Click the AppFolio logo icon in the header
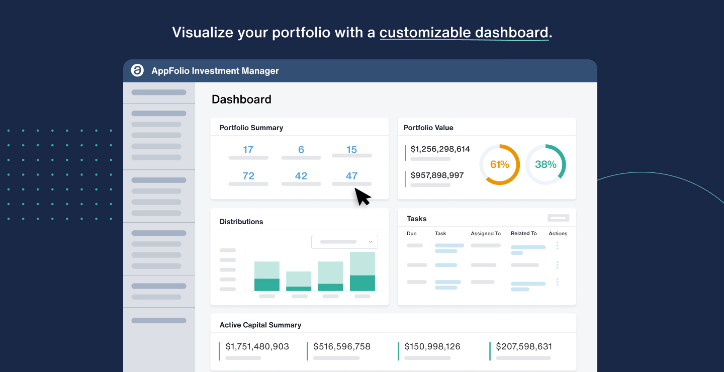tap(137, 71)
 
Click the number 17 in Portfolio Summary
tap(248, 150)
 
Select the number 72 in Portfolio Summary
tap(248, 176)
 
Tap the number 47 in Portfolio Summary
tap(351, 176)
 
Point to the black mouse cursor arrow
tap(362, 196)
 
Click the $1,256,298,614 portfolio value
tap(440, 149)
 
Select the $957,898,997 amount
tap(437, 175)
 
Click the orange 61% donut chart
tap(499, 165)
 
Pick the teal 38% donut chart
tap(546, 165)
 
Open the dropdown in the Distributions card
tap(344, 242)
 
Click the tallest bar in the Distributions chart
tap(362, 271)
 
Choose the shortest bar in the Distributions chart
tap(299, 282)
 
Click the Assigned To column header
tap(486, 234)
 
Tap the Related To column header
tap(523, 234)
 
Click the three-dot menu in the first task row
tap(557, 246)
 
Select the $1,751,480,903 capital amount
tap(257, 347)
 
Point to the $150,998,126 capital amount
tap(432, 347)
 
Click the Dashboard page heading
tap(241, 100)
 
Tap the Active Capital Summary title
tap(260, 325)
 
